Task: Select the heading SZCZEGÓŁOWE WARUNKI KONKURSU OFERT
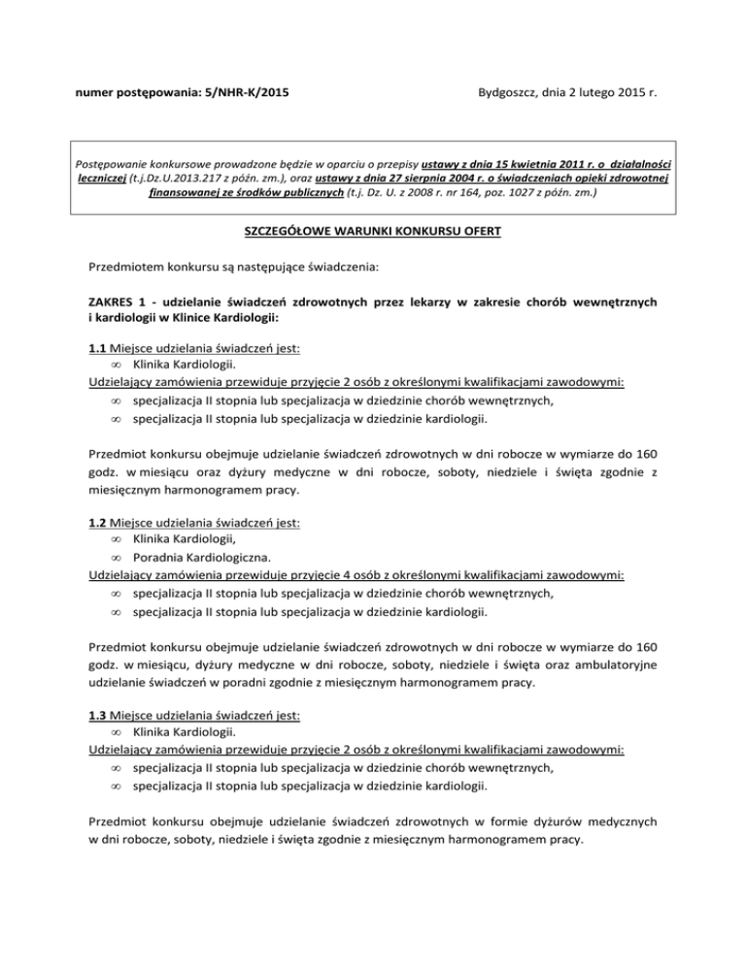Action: pos(373,234)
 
